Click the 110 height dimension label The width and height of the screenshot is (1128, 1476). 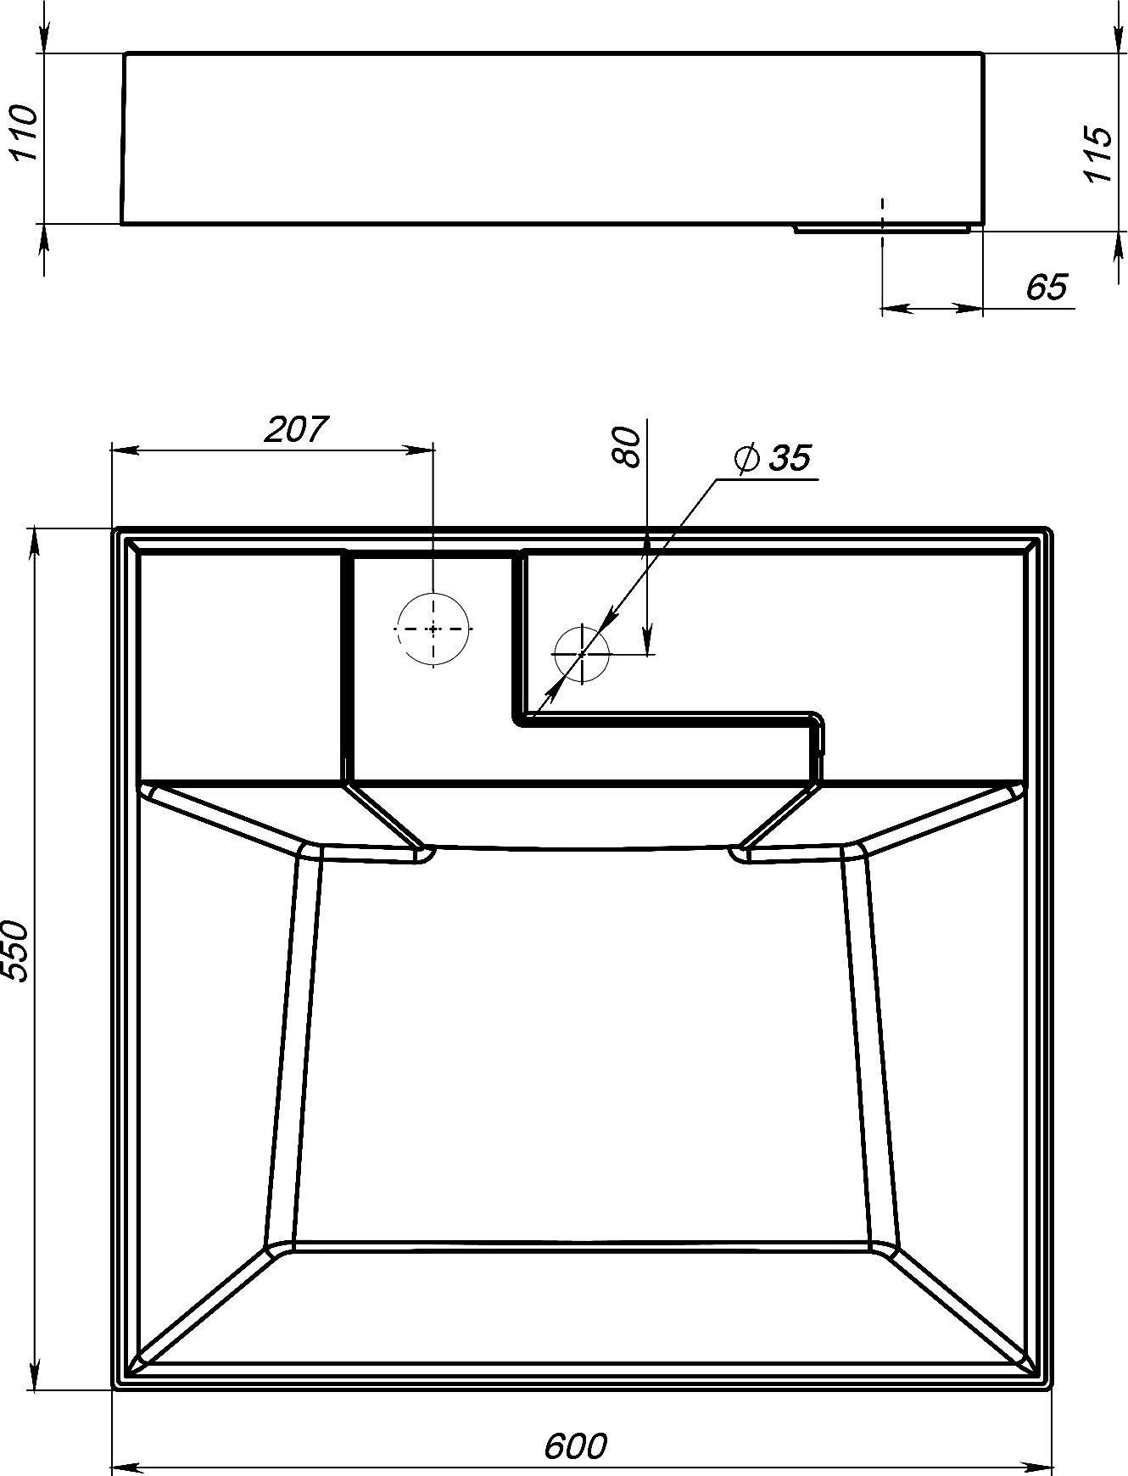click(x=24, y=134)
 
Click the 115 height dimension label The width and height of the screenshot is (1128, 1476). click(x=1097, y=154)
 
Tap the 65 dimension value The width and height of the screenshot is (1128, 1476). click(x=1046, y=288)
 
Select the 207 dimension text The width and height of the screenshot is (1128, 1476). click(x=294, y=429)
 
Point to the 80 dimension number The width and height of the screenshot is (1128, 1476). click(x=626, y=447)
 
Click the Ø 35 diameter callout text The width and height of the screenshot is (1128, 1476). click(x=773, y=458)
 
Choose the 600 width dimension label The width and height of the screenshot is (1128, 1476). click(x=576, y=1447)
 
